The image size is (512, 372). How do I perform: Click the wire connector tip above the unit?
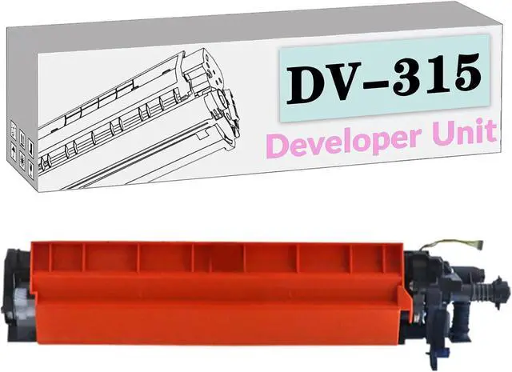click(x=479, y=242)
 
